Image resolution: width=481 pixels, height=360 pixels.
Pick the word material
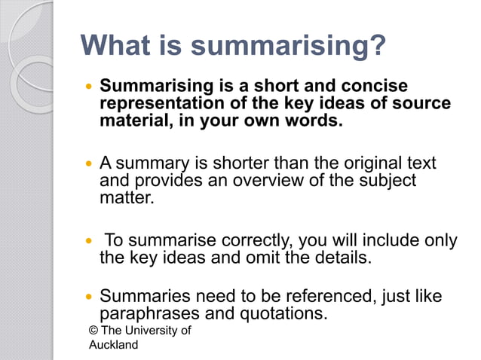click(131, 120)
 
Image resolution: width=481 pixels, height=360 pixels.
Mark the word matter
click(126, 198)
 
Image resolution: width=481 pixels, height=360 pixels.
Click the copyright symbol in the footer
click(93, 331)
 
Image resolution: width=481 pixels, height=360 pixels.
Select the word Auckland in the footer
click(114, 345)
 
